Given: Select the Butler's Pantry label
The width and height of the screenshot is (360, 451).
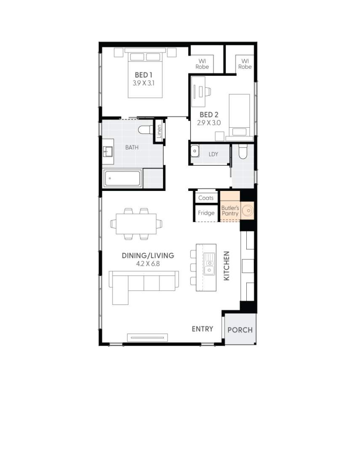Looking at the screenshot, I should coord(230,211).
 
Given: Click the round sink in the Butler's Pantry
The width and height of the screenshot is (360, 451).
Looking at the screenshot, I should coord(249,209).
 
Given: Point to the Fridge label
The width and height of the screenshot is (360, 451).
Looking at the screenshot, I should coord(206,213).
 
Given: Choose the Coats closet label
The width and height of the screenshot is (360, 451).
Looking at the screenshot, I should coord(206,198).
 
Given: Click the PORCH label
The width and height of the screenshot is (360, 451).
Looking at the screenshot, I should coord(240,330).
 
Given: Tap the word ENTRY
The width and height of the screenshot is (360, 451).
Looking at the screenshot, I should coord(203,329).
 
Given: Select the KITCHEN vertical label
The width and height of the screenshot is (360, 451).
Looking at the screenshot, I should coord(227,266).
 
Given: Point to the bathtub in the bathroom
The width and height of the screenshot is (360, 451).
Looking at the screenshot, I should coord(122,179).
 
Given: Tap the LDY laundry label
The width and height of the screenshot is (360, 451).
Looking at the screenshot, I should coord(213,154).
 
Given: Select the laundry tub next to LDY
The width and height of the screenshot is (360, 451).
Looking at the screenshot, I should coord(195,151).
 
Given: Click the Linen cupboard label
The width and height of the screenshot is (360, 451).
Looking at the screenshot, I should coord(159,133).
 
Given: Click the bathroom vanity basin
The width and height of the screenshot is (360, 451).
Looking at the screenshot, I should coord(107,150).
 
